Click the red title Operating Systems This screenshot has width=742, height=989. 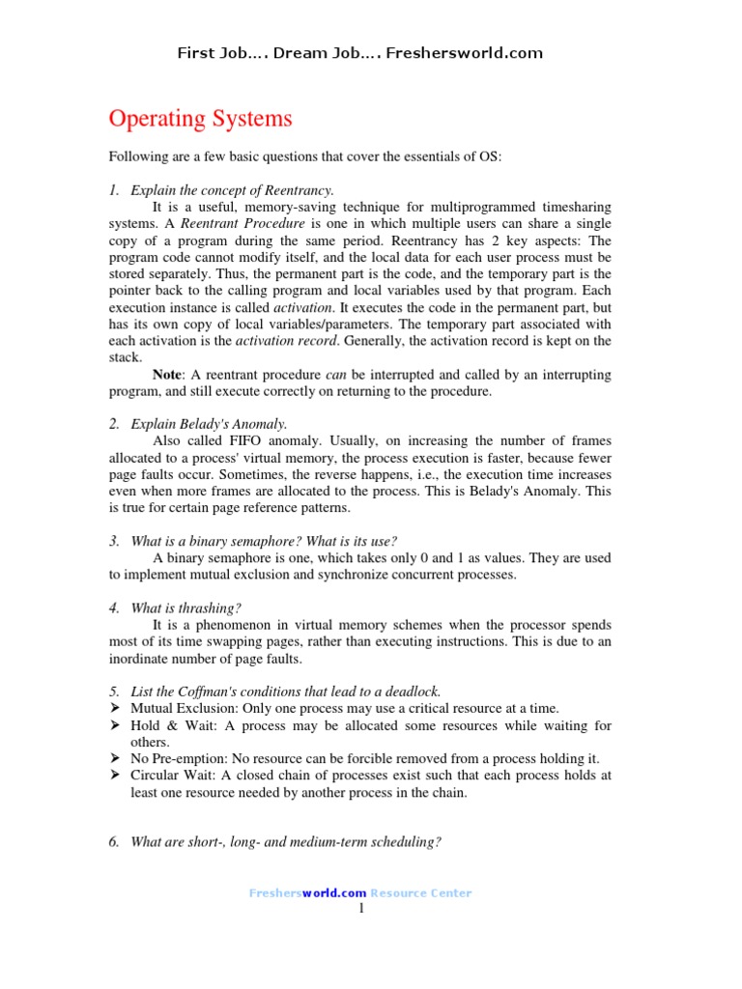(200, 120)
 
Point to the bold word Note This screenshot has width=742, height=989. (170, 374)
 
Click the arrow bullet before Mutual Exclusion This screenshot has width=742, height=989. (114, 708)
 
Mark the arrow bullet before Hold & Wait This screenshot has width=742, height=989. (114, 725)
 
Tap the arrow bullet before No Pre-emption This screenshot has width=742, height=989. (114, 758)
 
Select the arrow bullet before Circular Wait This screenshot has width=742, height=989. (114, 776)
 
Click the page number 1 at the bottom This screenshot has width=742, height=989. (361, 908)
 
